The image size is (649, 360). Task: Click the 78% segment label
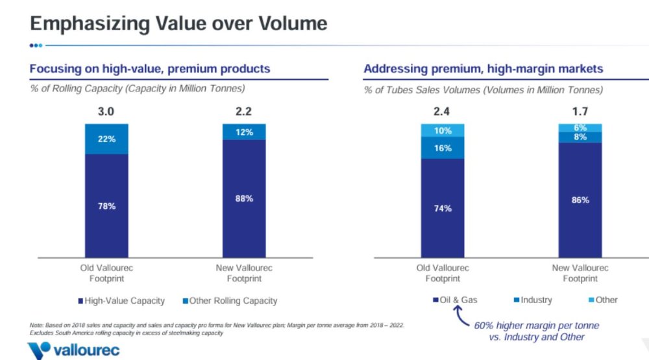[107, 206]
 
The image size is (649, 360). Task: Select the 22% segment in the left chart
[107, 139]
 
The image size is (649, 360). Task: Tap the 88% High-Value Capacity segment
[244, 198]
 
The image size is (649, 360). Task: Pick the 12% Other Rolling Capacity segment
[244, 132]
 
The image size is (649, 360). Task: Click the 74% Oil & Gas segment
[443, 208]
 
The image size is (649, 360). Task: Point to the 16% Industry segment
[443, 148]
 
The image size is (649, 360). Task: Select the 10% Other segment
[443, 130]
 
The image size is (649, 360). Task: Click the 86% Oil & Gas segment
[580, 200]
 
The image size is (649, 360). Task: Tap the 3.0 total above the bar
[106, 112]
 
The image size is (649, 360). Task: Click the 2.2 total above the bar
[244, 112]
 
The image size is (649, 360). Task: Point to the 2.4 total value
[443, 112]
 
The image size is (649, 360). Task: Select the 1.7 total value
[580, 112]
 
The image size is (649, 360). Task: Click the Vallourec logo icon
[39, 351]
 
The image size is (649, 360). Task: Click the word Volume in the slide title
[286, 24]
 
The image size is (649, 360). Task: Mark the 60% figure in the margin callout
[484, 325]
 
